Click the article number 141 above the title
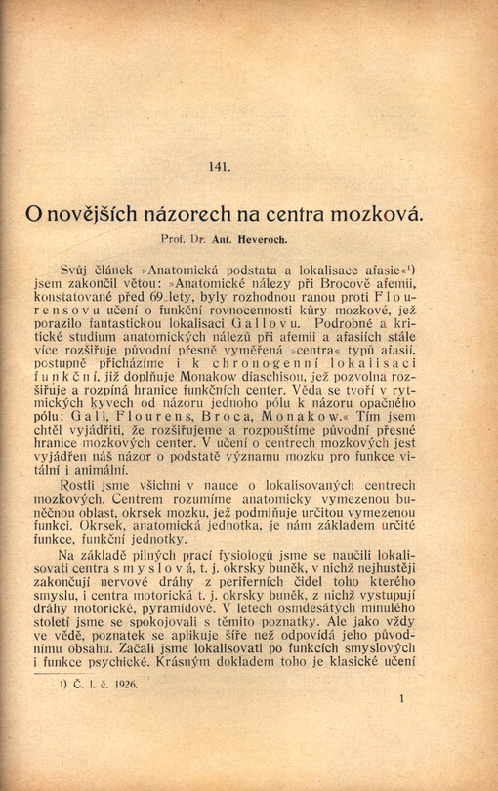click(220, 166)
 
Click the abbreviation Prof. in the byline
click(173, 238)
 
